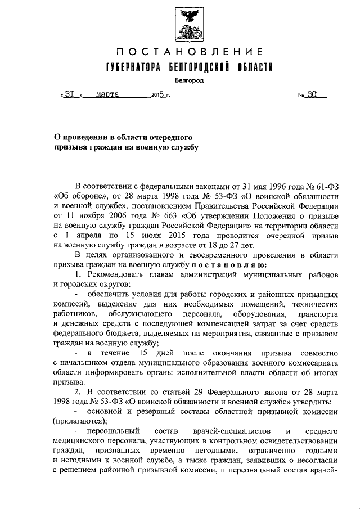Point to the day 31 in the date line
pos(70,94)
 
